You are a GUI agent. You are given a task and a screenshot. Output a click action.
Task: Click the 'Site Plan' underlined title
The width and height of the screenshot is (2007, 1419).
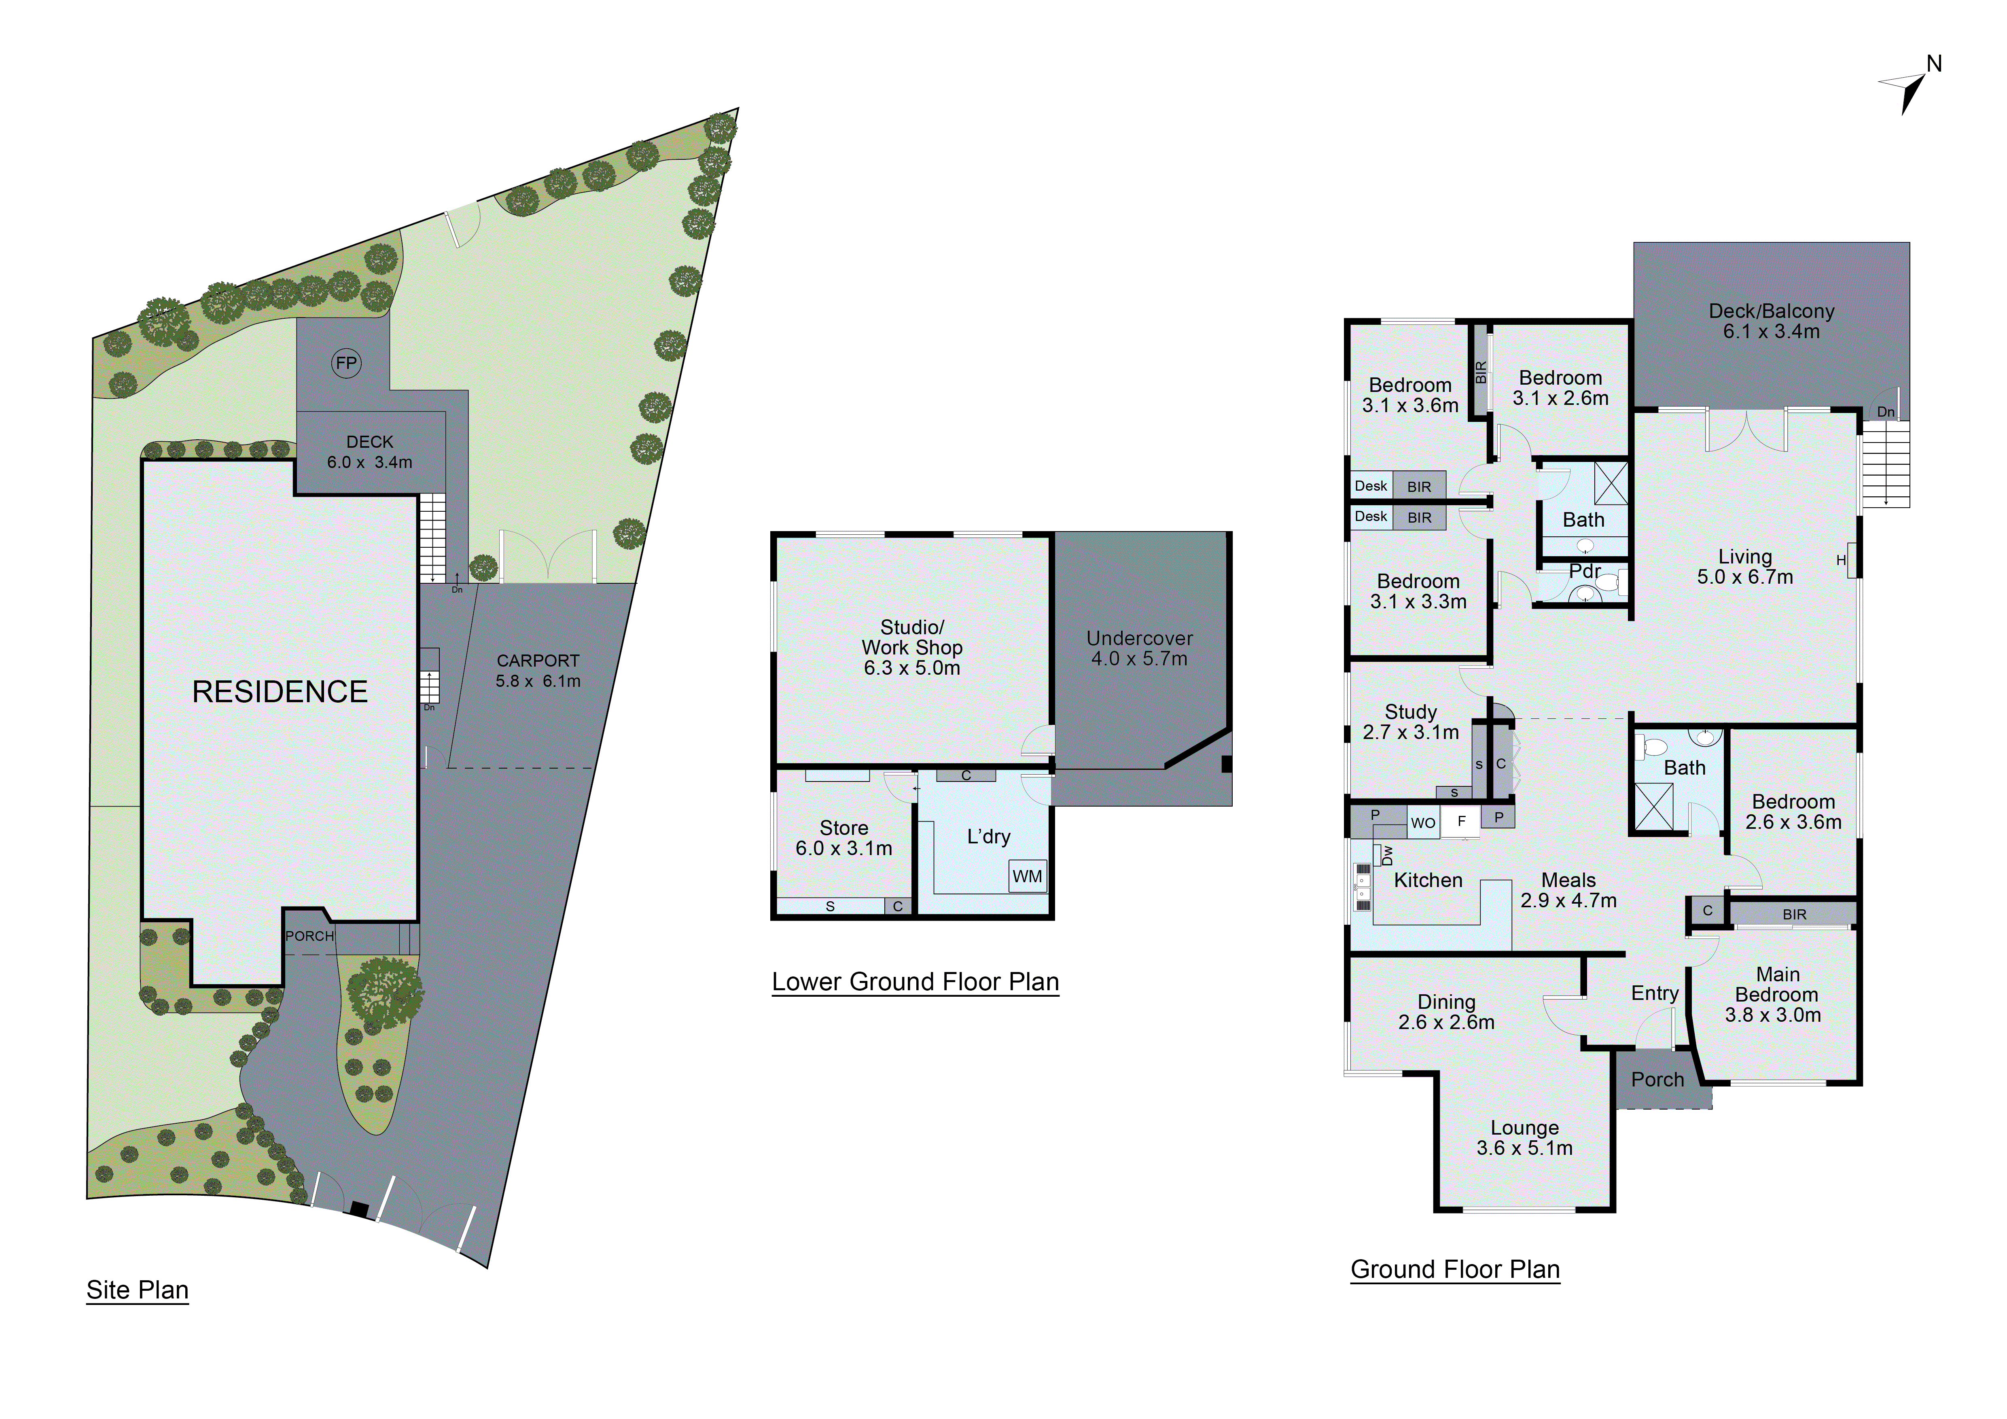pyautogui.click(x=137, y=1290)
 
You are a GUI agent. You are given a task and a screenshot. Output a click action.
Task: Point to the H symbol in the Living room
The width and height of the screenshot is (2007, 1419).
pyautogui.click(x=1841, y=560)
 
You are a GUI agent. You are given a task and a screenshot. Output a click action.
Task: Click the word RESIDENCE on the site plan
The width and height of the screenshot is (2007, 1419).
pyautogui.click(x=280, y=692)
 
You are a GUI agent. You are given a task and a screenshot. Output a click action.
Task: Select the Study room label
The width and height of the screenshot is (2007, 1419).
pyautogui.click(x=1410, y=712)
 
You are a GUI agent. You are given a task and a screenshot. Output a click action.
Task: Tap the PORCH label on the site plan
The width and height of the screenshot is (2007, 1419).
pyautogui.click(x=309, y=936)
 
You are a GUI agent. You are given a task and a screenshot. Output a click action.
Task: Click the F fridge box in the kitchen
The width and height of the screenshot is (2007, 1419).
pyautogui.click(x=1461, y=821)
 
